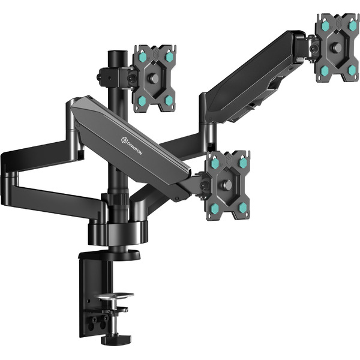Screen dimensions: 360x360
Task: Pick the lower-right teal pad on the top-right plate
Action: (x=352, y=70)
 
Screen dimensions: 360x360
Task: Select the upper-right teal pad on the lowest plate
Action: (x=242, y=163)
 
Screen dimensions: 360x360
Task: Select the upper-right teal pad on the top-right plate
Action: (x=352, y=26)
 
